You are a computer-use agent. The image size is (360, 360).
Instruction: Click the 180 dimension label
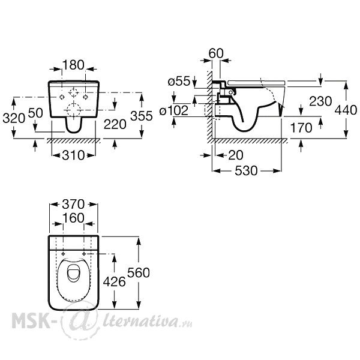[73, 65]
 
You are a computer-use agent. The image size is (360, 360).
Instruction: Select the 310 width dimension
[73, 155]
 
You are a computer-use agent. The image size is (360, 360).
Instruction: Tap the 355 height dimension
[142, 116]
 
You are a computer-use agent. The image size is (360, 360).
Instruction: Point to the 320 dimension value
[14, 118]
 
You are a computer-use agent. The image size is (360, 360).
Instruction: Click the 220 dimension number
[115, 124]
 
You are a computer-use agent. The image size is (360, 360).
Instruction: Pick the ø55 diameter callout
[179, 81]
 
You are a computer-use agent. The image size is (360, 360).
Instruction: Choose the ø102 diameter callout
[174, 110]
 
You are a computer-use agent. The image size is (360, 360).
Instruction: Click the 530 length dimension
[246, 171]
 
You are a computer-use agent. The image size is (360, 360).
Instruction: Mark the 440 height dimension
[346, 110]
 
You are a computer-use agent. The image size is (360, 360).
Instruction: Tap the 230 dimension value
[320, 101]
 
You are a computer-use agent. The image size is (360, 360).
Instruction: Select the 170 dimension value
[301, 128]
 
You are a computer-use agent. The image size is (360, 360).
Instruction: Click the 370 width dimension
[73, 204]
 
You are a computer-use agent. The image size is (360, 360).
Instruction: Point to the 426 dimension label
[115, 281]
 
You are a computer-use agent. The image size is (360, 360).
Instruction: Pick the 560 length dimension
[139, 272]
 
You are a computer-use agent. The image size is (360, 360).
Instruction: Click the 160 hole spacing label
[73, 218]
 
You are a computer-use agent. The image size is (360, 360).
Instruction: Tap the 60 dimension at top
[216, 53]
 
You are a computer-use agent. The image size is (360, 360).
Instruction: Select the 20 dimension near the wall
[236, 155]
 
